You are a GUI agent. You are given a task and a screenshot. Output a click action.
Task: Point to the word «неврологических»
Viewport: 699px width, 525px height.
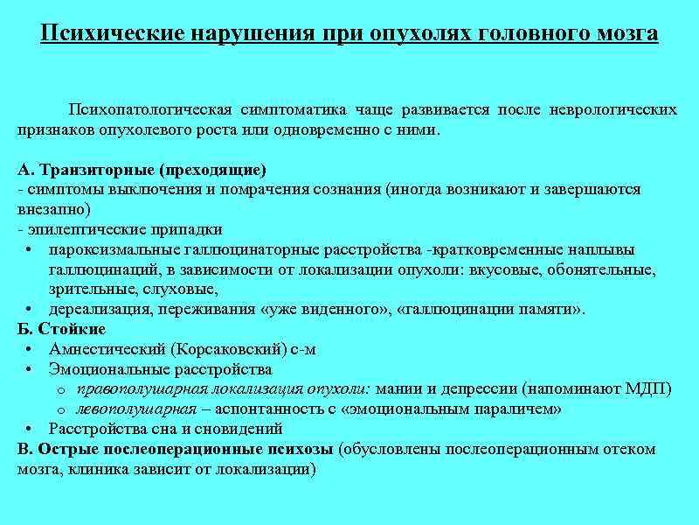coord(614,109)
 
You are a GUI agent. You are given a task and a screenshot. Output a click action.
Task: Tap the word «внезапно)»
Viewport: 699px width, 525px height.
coord(53,210)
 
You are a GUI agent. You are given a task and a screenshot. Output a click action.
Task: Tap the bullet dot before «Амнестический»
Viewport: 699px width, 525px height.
coord(31,350)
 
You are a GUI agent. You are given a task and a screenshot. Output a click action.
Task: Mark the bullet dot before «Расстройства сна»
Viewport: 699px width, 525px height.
coord(31,430)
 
